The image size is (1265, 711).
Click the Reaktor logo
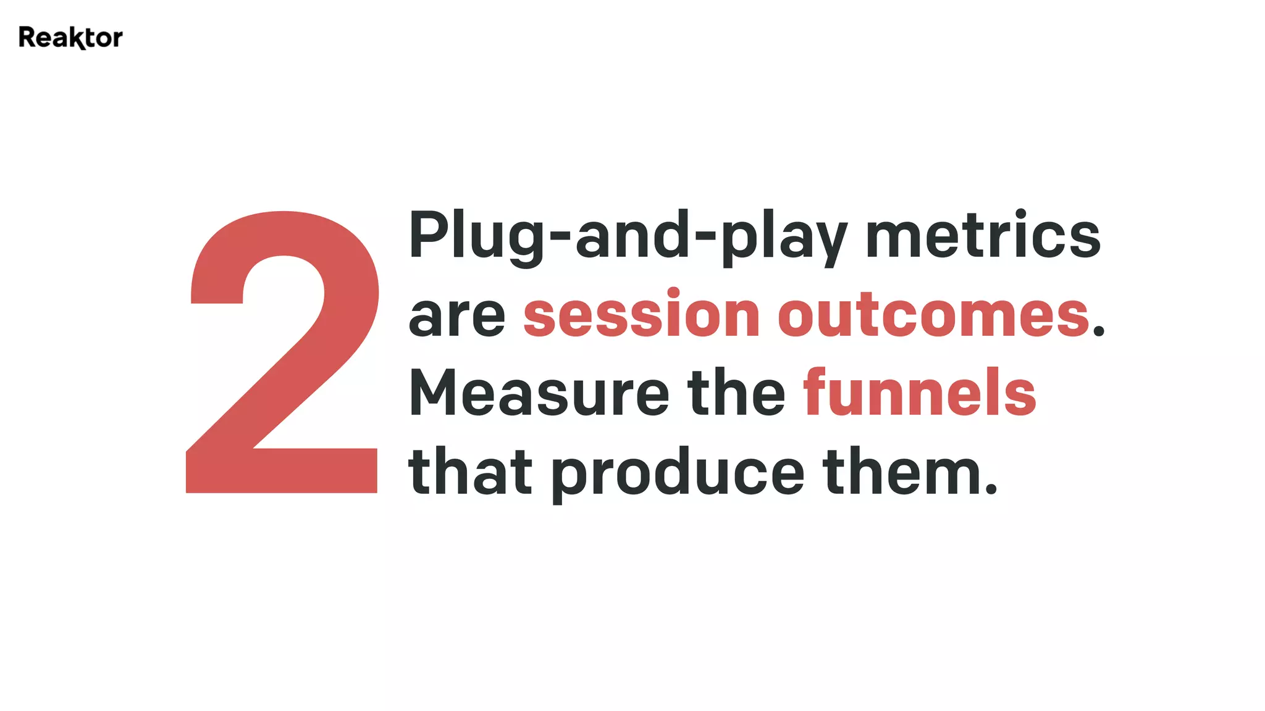pos(70,38)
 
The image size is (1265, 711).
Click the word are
pos(456,316)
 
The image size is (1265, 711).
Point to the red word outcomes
pos(933,316)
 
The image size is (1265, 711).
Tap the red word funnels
pos(919,393)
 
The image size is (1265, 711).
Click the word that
pos(470,472)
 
